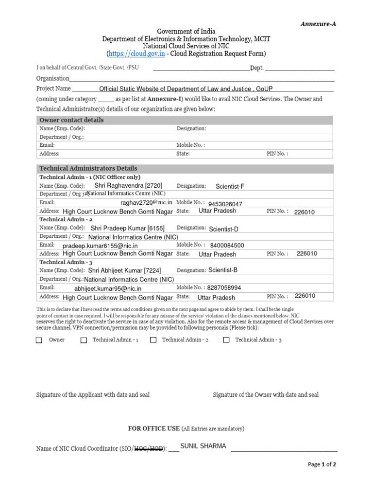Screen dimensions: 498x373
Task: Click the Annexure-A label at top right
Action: click(x=318, y=24)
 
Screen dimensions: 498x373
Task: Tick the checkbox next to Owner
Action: click(x=39, y=340)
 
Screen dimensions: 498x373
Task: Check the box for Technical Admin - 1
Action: click(x=84, y=340)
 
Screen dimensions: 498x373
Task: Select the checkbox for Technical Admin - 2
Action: click(x=153, y=340)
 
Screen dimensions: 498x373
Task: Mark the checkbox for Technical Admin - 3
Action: click(x=226, y=340)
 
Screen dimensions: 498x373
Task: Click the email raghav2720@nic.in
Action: click(x=146, y=202)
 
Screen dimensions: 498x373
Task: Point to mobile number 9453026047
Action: click(x=225, y=204)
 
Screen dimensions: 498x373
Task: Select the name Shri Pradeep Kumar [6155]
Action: click(x=128, y=228)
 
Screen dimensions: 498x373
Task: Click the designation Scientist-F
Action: click(x=230, y=186)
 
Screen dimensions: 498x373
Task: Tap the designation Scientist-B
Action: click(x=223, y=270)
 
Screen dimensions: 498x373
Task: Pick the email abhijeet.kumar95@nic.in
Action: click(x=107, y=288)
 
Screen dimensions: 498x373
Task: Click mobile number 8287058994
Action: click(x=224, y=288)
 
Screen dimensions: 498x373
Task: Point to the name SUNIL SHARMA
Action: click(x=203, y=446)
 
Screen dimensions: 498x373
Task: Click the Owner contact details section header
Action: click(x=71, y=120)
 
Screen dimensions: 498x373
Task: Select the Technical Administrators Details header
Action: click(x=88, y=168)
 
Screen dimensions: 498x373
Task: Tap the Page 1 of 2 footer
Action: click(x=322, y=464)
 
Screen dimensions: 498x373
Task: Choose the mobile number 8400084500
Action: click(x=227, y=246)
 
